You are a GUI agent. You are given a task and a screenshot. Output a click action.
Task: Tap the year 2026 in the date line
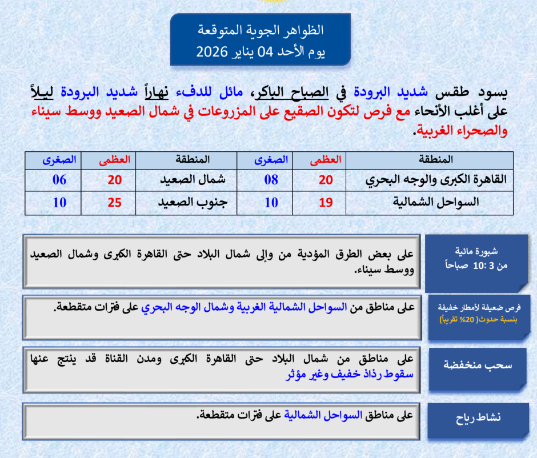coord(212,52)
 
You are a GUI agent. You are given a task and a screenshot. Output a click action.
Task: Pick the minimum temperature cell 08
coord(271,180)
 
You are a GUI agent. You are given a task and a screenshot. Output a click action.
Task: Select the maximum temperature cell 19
coord(326,202)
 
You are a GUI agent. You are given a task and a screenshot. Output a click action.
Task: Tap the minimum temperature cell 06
coord(59,180)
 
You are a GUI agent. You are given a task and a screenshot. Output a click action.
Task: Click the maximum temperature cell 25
coord(115,202)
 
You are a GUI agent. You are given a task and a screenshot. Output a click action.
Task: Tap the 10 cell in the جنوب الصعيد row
coord(59,202)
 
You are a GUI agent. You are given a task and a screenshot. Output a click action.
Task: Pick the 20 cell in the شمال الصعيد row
coord(115,180)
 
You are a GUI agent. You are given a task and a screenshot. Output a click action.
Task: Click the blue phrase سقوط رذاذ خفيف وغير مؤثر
coord(349,375)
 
